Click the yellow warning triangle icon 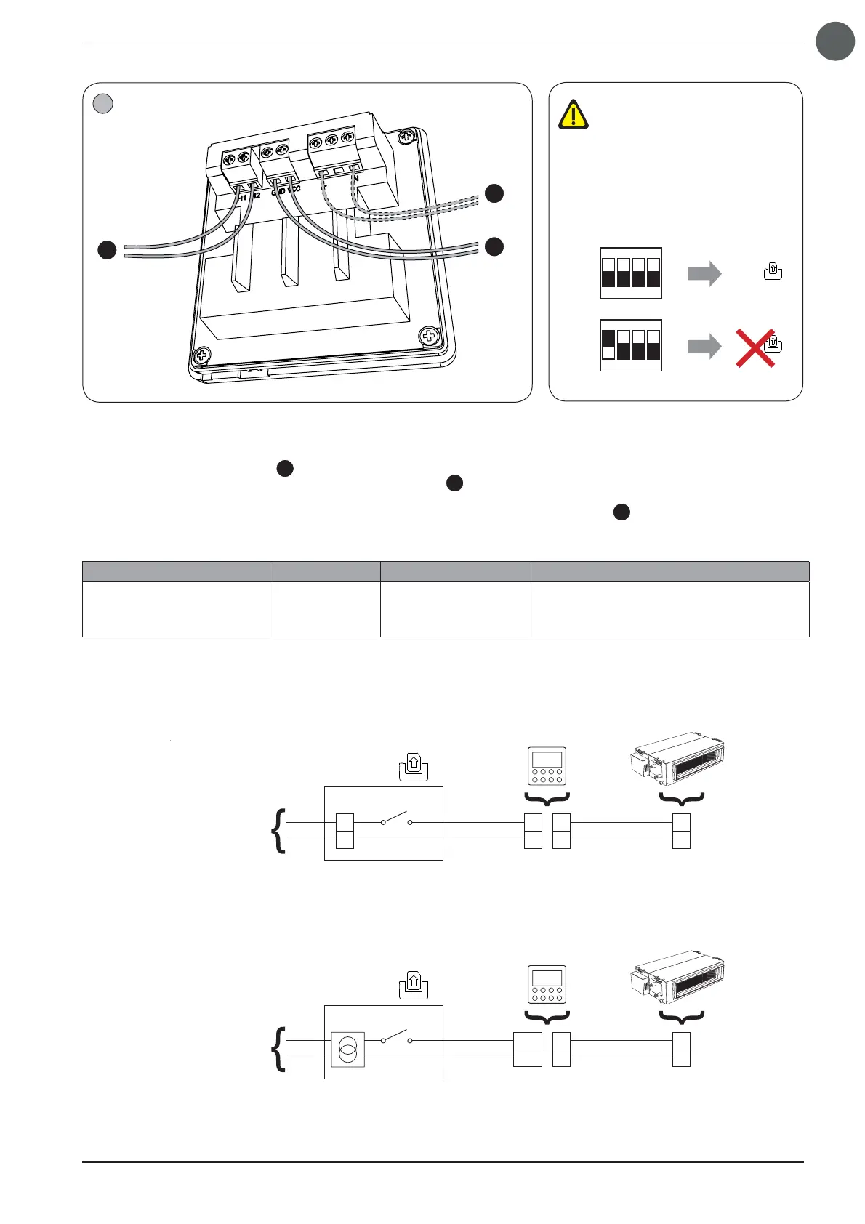coord(574,115)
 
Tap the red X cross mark coord(755,347)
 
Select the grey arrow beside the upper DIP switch coord(704,273)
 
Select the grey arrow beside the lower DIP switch coord(704,346)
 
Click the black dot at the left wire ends coord(108,250)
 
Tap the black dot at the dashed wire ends coord(494,193)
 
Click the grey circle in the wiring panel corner coord(103,104)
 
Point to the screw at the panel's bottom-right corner coord(430,337)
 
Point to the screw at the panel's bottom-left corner coord(201,356)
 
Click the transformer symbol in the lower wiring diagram coord(347,1050)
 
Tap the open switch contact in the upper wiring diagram coord(396,821)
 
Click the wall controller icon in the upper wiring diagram coord(547,766)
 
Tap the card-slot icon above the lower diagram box coord(414,984)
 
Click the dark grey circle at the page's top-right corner coord(834,41)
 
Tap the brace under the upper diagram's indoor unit coord(681,800)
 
